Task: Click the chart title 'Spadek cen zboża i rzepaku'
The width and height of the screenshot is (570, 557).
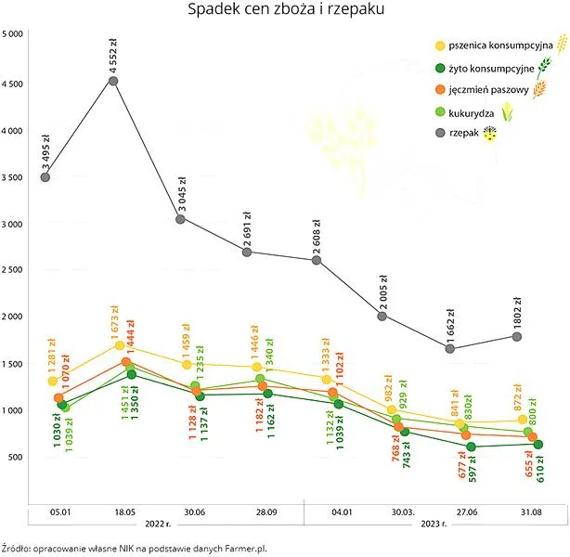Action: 286,9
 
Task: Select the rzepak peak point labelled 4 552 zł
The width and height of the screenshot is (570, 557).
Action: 113,81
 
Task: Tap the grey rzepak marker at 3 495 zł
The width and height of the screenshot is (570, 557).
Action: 45,177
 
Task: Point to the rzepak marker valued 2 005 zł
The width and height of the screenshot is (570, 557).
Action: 382,317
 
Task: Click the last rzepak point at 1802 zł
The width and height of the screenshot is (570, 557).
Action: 517,337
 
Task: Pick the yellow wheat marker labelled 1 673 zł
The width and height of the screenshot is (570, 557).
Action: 120,345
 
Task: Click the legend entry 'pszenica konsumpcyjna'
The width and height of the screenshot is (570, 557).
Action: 500,45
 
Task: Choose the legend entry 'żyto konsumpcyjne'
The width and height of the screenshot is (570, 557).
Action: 491,69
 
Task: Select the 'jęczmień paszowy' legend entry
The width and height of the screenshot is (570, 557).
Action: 488,89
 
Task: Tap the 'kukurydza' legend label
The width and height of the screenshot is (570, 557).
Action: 471,113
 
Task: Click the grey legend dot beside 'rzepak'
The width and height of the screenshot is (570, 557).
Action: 440,133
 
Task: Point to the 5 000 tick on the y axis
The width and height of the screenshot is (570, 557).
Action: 12,34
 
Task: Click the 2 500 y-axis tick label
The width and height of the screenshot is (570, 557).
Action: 12,270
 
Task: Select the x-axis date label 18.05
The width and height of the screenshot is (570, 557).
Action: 124,512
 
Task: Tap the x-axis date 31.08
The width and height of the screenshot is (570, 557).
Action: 531,512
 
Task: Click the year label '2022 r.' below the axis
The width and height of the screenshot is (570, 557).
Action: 158,524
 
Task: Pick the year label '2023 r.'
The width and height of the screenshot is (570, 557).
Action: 434,524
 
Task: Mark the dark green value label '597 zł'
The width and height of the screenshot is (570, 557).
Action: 472,470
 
